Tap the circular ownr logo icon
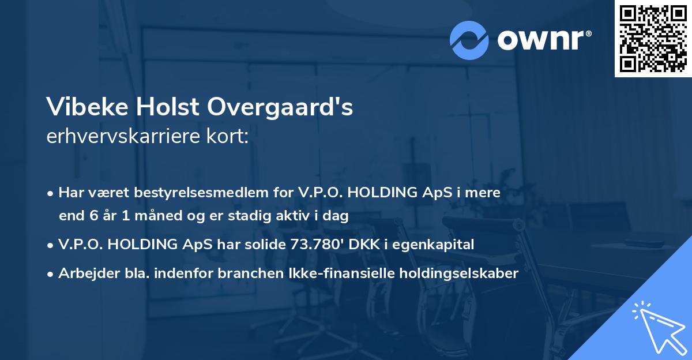470,40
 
